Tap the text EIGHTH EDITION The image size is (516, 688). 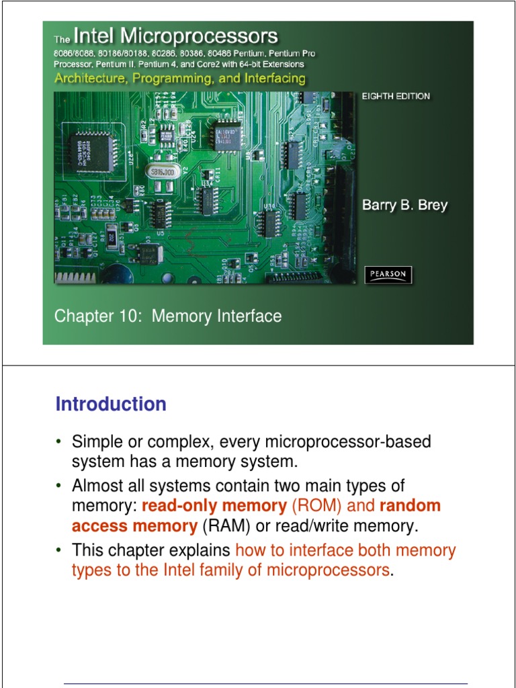click(396, 96)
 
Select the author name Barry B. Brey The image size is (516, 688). click(404, 206)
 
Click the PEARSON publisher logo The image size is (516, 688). click(388, 274)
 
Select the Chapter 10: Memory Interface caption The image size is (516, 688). click(168, 316)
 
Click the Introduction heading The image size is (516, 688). click(111, 404)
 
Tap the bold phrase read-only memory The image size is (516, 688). click(214, 505)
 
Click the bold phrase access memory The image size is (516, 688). click(134, 525)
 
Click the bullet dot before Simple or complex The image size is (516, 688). click(58, 442)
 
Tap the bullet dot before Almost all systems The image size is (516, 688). click(58, 486)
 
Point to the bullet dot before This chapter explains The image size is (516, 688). click(58, 551)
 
